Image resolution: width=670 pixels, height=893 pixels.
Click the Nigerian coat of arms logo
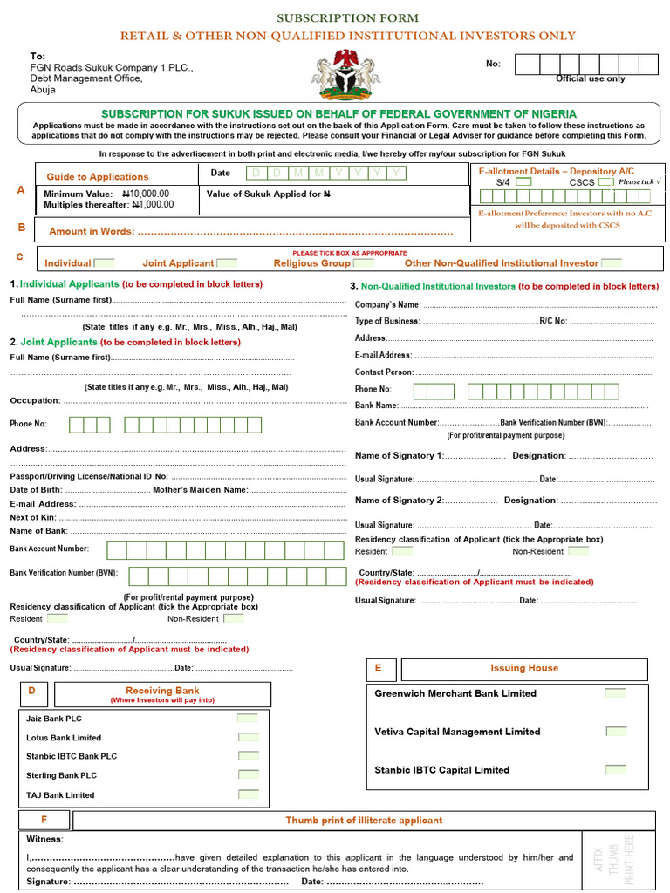(x=345, y=74)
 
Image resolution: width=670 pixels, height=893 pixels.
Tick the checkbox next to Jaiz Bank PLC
(x=248, y=719)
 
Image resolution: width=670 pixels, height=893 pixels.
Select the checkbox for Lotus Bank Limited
(x=248, y=738)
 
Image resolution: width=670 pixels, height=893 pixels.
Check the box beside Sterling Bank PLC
(x=248, y=775)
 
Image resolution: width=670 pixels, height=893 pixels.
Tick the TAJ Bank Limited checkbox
(x=248, y=794)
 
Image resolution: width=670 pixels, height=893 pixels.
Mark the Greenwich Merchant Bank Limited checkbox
(x=615, y=693)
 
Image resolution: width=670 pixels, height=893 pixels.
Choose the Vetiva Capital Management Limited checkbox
(x=615, y=732)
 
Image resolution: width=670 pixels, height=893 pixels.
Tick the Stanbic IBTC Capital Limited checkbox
(x=615, y=770)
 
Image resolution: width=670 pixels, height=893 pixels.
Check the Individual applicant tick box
(x=104, y=262)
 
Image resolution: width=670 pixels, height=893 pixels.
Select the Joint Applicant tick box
(x=227, y=262)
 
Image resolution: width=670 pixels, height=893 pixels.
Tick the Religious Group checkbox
(x=364, y=262)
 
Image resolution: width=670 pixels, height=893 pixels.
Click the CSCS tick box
(x=605, y=182)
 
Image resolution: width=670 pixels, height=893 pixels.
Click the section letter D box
(x=32, y=692)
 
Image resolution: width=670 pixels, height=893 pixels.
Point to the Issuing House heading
(x=523, y=668)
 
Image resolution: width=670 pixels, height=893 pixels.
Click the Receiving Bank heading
(x=162, y=691)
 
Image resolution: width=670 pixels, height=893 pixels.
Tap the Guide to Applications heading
(x=98, y=176)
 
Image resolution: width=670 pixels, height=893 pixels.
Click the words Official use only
(x=591, y=79)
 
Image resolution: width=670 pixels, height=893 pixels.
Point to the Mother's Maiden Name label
(x=201, y=490)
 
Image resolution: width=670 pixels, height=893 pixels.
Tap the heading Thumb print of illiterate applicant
(x=364, y=821)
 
